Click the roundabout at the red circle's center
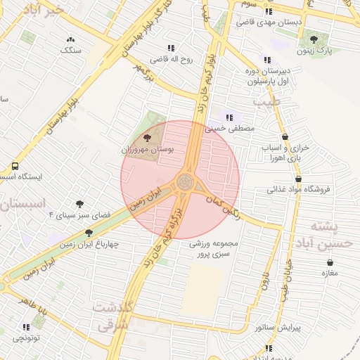tap(187, 181)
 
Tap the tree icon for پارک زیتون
tap(313, 39)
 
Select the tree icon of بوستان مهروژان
tap(146, 138)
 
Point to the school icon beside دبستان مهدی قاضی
tap(268, 11)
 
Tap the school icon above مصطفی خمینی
tap(229, 117)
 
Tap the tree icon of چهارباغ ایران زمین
tap(89, 233)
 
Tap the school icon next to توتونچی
tap(27, 327)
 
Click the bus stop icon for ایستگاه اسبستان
tap(15, 167)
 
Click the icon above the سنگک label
tap(70, 40)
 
